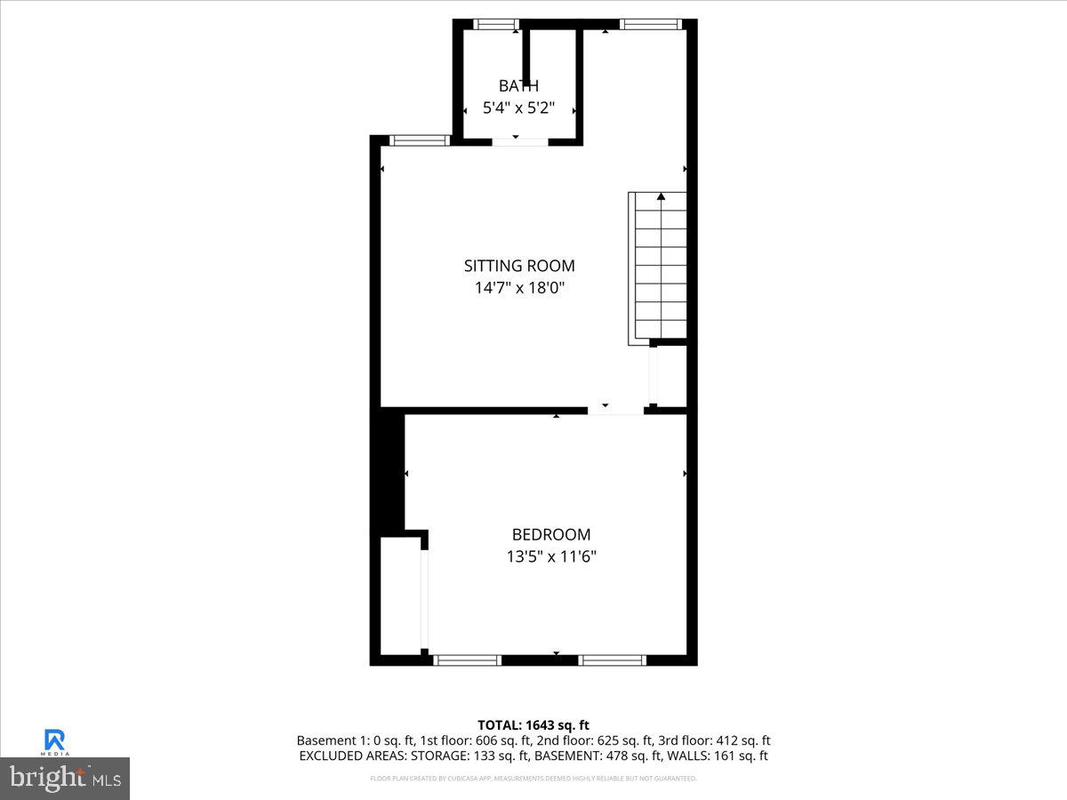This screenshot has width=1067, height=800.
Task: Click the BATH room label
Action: tap(518, 86)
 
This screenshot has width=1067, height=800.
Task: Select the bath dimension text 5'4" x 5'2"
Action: tap(518, 108)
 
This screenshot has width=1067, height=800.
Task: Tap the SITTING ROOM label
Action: tap(519, 266)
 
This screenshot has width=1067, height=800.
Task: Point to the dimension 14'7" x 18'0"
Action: tap(519, 288)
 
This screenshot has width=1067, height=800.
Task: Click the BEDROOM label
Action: tap(551, 534)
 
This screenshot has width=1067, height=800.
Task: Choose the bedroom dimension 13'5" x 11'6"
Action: tap(551, 556)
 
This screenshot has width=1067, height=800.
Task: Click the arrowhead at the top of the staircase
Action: tap(660, 196)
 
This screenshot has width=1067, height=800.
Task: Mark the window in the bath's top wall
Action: tap(496, 24)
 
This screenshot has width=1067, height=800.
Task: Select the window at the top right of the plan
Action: tap(651, 24)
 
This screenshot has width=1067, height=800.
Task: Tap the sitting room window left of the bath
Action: tap(421, 140)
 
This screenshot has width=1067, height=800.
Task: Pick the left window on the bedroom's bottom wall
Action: tap(468, 660)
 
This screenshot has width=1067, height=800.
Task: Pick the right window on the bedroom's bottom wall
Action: tap(613, 660)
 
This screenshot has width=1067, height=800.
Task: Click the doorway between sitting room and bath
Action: tap(520, 140)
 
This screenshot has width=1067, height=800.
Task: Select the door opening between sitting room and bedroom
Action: tap(615, 412)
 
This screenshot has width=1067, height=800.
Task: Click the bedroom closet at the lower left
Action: tap(400, 596)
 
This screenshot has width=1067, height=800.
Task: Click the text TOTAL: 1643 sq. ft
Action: tap(533, 725)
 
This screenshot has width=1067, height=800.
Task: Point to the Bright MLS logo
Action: tap(65, 779)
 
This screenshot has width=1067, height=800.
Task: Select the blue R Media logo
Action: tap(55, 740)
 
